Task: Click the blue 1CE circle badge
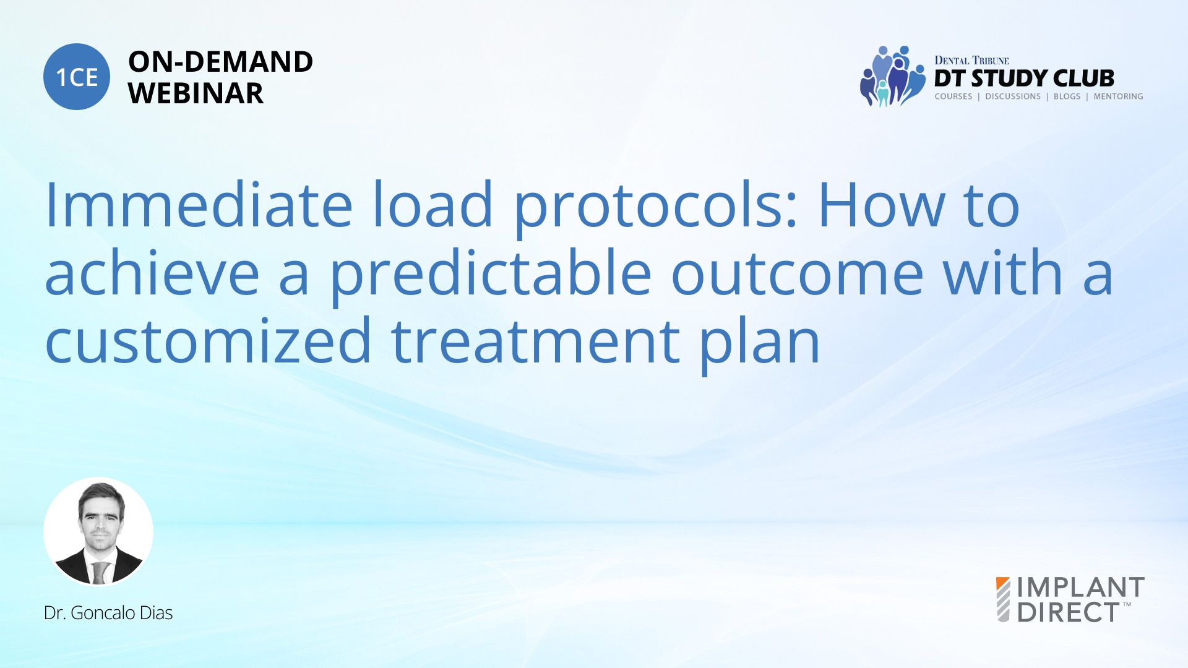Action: [77, 77]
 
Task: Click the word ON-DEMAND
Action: [220, 62]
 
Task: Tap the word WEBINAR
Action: [196, 93]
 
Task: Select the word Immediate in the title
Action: [199, 205]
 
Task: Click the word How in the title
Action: [882, 205]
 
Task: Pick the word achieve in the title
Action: [152, 272]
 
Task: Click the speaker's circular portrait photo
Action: [98, 532]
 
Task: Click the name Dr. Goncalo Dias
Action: [108, 613]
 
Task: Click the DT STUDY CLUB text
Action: [1024, 78]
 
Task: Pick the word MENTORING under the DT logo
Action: [1118, 96]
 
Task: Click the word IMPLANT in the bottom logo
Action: [1081, 588]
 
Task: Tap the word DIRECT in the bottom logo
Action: [1069, 612]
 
